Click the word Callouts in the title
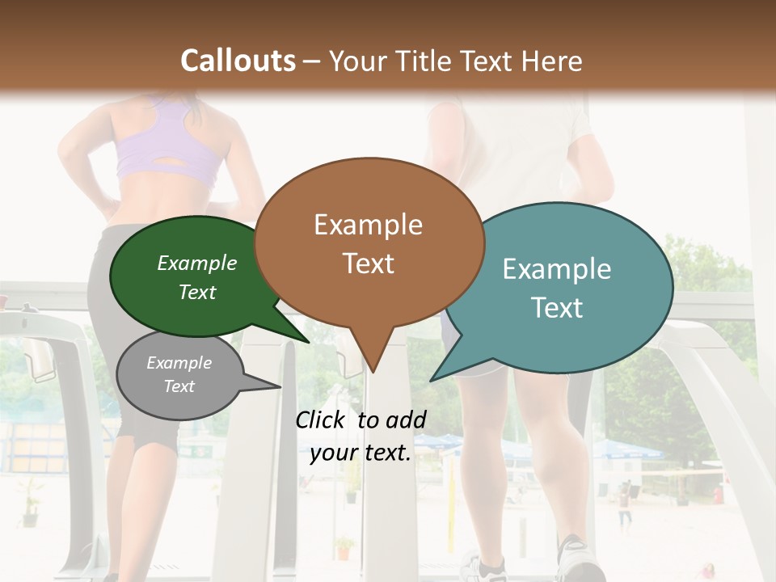pos(238,61)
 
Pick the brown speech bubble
pos(369,242)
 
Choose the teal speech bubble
pos(566,287)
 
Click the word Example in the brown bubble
pos(369,225)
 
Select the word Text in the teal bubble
pos(557,308)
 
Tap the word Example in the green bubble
pos(197,264)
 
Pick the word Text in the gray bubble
pos(179,386)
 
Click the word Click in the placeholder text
pos(322,420)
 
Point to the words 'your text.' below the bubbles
pos(361,453)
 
